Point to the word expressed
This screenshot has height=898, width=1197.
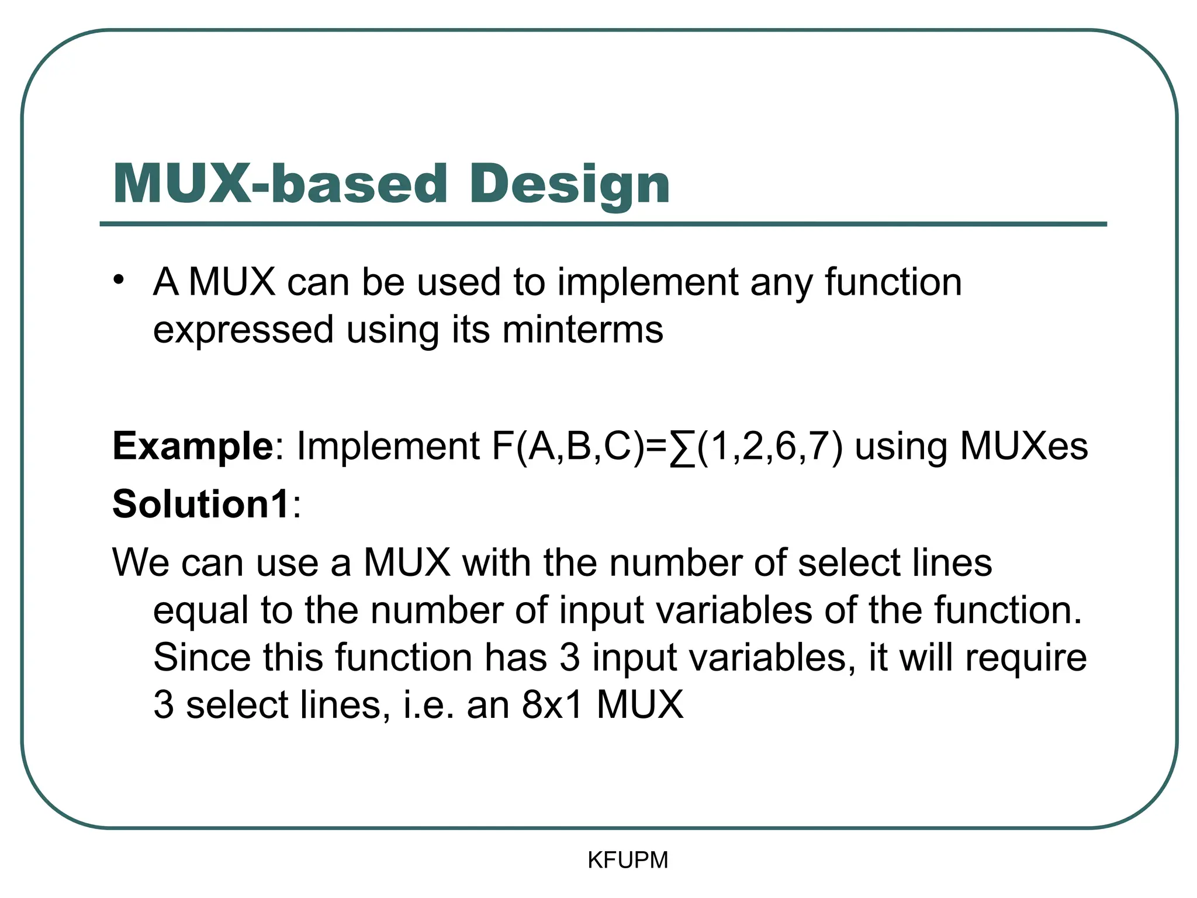[x=243, y=330]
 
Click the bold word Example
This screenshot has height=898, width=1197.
[x=192, y=447]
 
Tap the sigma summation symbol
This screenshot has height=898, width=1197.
[x=682, y=448]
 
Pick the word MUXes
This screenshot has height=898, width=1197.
[x=1024, y=447]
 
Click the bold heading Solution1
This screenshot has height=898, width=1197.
[x=201, y=504]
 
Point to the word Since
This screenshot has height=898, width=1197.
[x=202, y=657]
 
